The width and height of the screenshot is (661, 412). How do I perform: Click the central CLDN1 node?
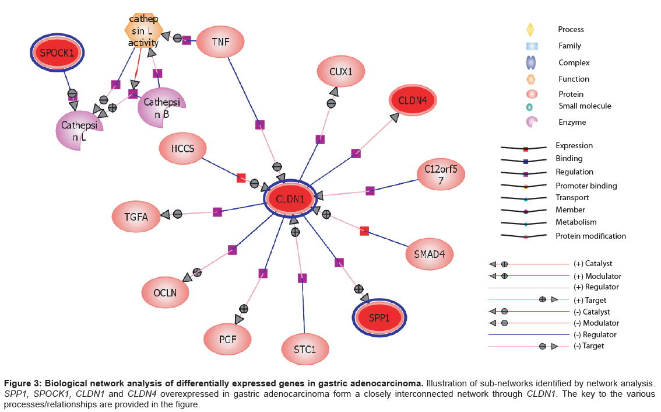tap(290, 199)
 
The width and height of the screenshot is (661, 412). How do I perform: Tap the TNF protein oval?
tap(220, 41)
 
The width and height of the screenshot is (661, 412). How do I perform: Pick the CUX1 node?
tap(341, 72)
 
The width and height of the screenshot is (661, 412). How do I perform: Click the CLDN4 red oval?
tap(413, 100)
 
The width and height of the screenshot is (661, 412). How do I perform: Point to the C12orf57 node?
tap(441, 174)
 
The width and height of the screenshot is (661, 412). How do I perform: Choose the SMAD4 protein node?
tap(430, 254)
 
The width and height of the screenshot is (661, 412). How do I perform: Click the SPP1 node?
tap(379, 317)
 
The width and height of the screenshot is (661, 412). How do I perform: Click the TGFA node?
tap(136, 217)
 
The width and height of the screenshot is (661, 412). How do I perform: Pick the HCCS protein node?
tap(182, 149)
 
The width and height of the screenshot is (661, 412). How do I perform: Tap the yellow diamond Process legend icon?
tap(530, 29)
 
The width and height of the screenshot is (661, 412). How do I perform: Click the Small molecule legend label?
tap(585, 106)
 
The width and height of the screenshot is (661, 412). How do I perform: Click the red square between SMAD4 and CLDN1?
tap(364, 231)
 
